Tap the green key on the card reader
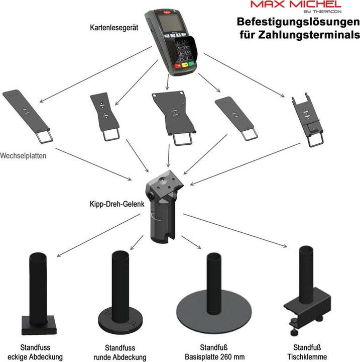coord(191,64)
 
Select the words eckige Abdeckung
coord(42,356)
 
